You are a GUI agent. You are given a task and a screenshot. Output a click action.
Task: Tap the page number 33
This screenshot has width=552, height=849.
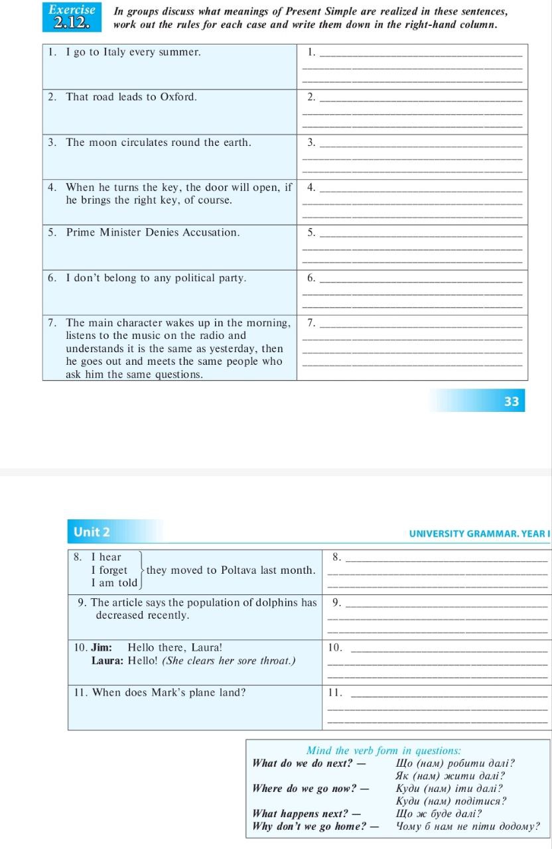click(x=511, y=401)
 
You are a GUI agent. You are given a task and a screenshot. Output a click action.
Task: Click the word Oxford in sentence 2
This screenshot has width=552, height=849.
click(x=178, y=97)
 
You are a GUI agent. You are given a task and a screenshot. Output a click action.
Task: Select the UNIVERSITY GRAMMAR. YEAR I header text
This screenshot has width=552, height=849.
click(x=478, y=533)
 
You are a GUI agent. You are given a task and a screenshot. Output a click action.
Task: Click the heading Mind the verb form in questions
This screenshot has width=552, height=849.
click(x=384, y=751)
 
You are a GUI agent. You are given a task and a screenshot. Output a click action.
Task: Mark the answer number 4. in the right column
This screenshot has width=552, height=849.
click(x=311, y=187)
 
